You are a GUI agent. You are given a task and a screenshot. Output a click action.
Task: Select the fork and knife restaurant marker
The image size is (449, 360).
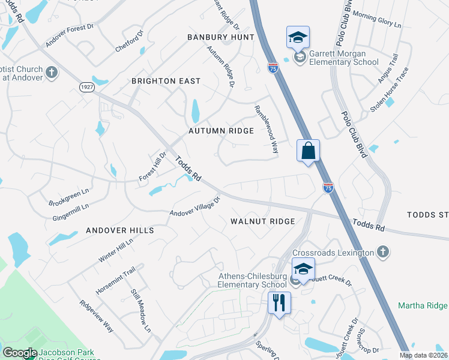click(x=279, y=302)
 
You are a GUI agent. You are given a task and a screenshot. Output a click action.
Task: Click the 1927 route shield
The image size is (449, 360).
click(x=87, y=87)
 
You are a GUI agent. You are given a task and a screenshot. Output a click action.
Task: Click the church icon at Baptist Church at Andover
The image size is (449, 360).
click(x=52, y=73)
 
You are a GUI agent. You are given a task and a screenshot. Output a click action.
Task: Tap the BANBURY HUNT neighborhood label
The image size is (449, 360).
click(x=220, y=37)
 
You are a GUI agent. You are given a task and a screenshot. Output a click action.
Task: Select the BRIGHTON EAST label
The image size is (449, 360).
click(x=166, y=81)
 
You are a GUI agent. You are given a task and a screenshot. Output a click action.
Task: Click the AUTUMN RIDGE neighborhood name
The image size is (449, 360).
click(x=221, y=130)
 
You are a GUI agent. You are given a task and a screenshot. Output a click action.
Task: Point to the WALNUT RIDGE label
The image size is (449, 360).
click(x=263, y=221)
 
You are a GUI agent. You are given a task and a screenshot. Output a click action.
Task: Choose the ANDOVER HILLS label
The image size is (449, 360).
click(x=120, y=230)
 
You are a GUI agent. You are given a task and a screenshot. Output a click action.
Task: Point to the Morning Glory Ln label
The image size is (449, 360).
click(x=376, y=19)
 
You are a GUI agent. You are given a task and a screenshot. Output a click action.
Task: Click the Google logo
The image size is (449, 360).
click(x=20, y=353)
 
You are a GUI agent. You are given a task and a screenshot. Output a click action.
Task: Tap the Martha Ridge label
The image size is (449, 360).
click(x=423, y=306)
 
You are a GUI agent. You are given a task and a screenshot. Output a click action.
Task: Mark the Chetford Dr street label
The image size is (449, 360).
click(x=130, y=41)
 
